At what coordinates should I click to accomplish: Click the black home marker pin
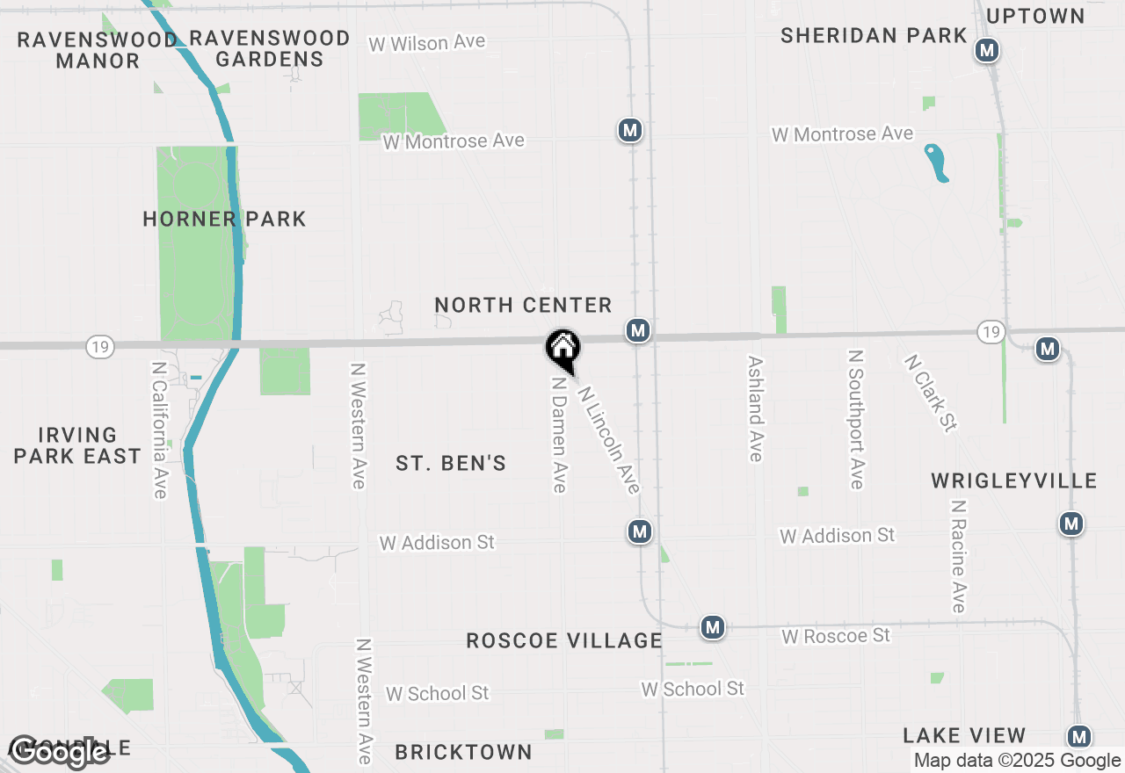[x=562, y=348]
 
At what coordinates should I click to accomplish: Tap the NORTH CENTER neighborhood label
[x=523, y=305]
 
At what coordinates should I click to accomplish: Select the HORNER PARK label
[x=224, y=219]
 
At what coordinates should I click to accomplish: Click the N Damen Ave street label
[x=558, y=435]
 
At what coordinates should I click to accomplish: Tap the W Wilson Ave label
[x=426, y=43]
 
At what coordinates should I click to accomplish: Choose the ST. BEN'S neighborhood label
[x=451, y=463]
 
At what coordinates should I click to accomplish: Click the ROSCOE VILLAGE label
[x=563, y=640]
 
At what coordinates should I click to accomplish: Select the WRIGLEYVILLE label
[x=1014, y=480]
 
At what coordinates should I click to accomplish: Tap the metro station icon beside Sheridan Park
[x=987, y=50]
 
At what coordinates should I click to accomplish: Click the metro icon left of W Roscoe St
[x=713, y=627]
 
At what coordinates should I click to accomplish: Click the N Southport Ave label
[x=856, y=419]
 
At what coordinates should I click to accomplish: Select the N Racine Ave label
[x=958, y=556]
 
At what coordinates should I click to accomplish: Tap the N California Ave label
[x=159, y=430]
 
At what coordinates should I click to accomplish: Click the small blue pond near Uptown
[x=937, y=163]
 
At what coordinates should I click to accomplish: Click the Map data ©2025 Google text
[x=1017, y=761]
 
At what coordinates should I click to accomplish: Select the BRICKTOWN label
[x=463, y=752]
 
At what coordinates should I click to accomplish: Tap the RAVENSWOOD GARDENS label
[x=270, y=49]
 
